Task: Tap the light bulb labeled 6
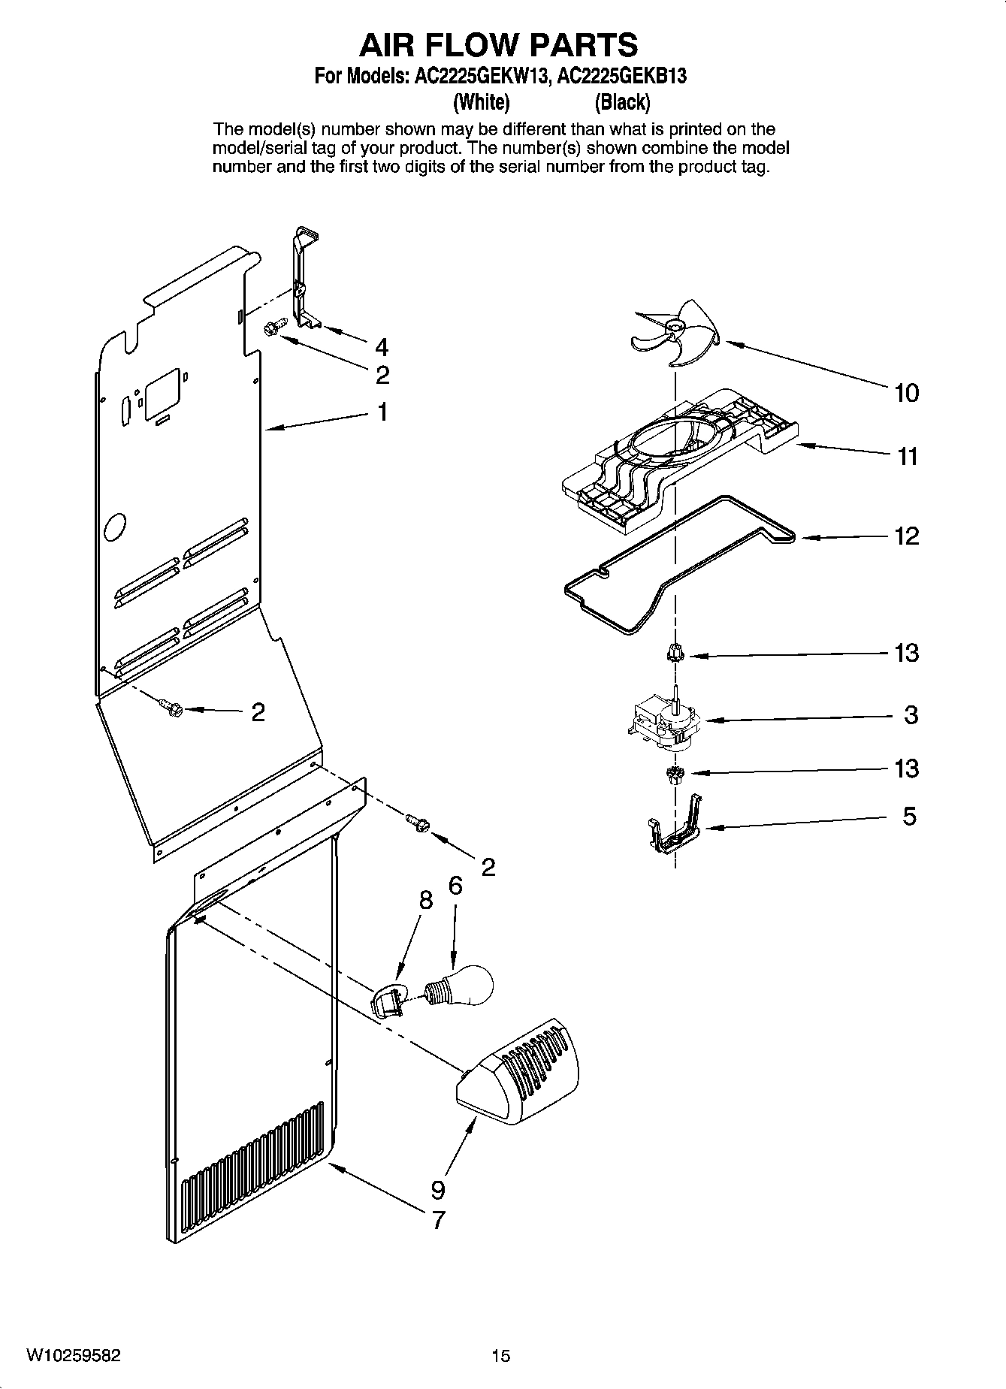(x=463, y=985)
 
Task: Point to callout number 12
(x=907, y=536)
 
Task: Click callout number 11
(x=908, y=456)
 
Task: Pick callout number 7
(x=438, y=1218)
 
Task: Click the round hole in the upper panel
(x=115, y=527)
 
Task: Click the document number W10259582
(x=73, y=1355)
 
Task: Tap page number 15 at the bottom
(x=500, y=1355)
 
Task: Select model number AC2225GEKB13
(x=621, y=76)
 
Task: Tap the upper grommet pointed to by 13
(x=674, y=653)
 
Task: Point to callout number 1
(x=382, y=412)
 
